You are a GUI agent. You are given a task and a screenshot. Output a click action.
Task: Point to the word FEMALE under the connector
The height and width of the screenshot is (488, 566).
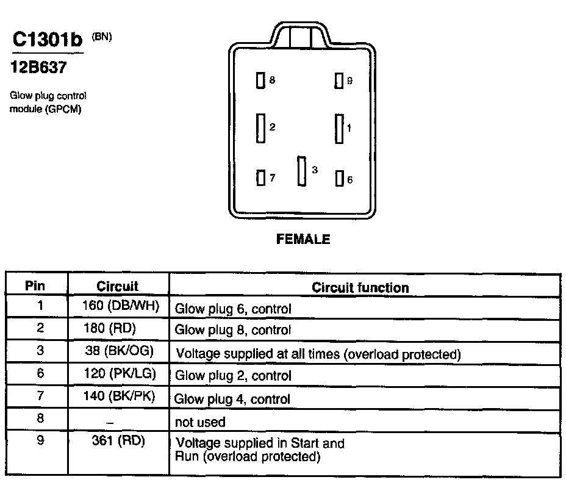click(303, 239)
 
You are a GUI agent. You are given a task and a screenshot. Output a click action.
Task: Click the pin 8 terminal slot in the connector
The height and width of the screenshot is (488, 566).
click(260, 81)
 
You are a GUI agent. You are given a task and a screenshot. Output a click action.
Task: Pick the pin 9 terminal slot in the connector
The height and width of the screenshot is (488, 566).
click(339, 81)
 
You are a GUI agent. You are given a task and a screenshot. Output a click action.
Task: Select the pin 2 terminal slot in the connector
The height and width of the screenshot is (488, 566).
click(261, 128)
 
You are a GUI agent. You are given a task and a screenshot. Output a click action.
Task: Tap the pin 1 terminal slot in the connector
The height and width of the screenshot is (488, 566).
click(339, 129)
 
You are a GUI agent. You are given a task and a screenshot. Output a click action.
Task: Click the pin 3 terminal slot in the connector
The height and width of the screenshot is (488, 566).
click(301, 170)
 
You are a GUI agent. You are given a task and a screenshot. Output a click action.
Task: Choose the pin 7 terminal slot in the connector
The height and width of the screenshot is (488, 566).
click(260, 178)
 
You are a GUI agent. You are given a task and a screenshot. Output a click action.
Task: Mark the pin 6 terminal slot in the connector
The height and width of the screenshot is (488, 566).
click(339, 179)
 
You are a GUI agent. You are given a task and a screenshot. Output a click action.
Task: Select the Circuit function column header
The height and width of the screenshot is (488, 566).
click(360, 287)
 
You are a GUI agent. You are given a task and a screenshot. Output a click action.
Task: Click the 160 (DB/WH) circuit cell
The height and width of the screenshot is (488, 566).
click(120, 306)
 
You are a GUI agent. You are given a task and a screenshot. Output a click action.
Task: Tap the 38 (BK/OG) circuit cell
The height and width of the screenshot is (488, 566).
click(120, 351)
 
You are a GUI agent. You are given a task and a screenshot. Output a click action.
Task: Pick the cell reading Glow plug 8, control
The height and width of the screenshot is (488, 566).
click(233, 330)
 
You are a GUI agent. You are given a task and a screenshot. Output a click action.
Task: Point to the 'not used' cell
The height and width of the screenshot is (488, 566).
click(200, 422)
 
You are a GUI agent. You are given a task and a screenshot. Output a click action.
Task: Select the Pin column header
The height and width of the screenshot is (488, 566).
click(37, 285)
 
